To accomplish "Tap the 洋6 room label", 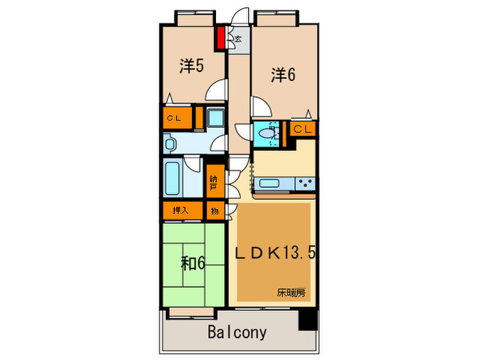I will point(282,75).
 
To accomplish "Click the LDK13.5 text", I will point(276,253).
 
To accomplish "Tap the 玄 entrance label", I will point(237,40).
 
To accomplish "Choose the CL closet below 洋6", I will point(303,129).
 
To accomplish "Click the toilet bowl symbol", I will point(265,133).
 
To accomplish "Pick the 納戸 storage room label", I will point(215,182).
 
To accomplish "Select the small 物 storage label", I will point(215,211).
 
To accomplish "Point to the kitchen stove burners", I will point(304,183).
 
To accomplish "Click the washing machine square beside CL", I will point(215,118).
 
